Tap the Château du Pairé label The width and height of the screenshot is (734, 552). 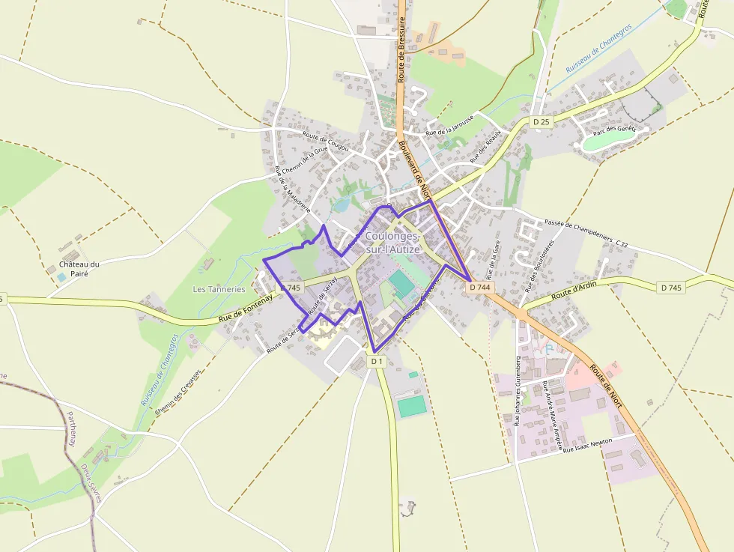(x=79, y=269)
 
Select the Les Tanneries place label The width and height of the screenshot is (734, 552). (x=219, y=289)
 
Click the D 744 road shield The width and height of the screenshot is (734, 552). (x=480, y=287)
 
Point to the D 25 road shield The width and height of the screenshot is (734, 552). (x=541, y=121)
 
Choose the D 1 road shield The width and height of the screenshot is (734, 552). (x=377, y=361)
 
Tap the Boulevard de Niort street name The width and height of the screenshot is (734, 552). (x=412, y=169)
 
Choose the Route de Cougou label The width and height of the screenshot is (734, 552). (x=326, y=142)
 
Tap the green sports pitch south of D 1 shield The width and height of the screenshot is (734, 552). (x=411, y=406)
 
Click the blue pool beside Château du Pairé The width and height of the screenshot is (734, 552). (x=61, y=277)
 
